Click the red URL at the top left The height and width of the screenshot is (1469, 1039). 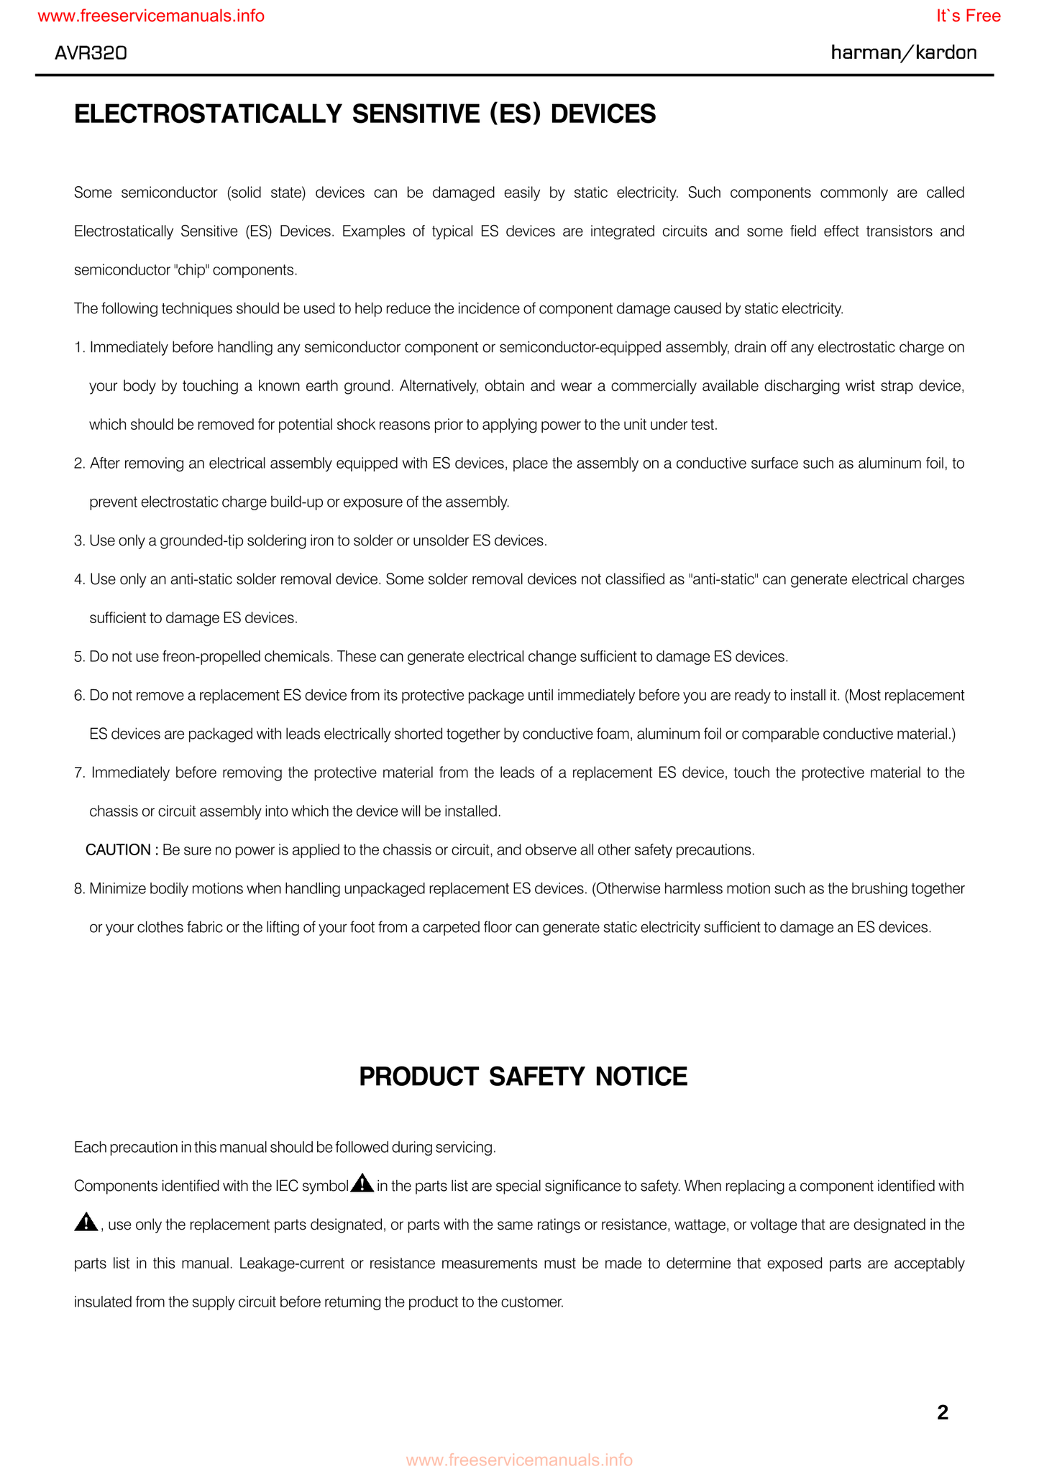click(151, 16)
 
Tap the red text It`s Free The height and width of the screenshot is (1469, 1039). click(968, 16)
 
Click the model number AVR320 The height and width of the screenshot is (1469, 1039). click(91, 52)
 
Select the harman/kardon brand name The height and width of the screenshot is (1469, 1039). click(903, 52)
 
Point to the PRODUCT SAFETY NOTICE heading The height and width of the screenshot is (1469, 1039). click(523, 1077)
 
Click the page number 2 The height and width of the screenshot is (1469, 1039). click(943, 1413)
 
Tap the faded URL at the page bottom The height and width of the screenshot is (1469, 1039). click(519, 1460)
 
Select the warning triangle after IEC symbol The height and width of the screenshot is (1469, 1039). click(362, 1184)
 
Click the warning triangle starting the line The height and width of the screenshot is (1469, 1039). click(86, 1222)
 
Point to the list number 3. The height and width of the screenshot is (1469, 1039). click(78, 540)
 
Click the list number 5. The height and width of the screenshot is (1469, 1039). click(78, 657)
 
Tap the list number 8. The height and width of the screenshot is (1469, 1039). click(78, 889)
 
